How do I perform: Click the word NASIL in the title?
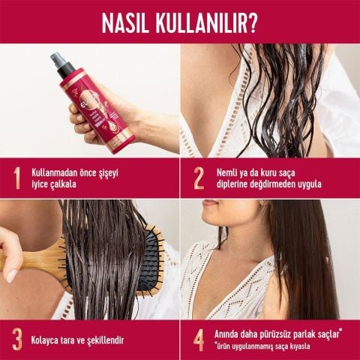130,22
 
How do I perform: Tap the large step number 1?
16,178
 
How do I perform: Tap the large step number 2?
199,178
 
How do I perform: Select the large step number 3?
16,339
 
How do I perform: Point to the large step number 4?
199,339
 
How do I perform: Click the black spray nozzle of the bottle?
60,64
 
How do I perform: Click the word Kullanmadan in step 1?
55,172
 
